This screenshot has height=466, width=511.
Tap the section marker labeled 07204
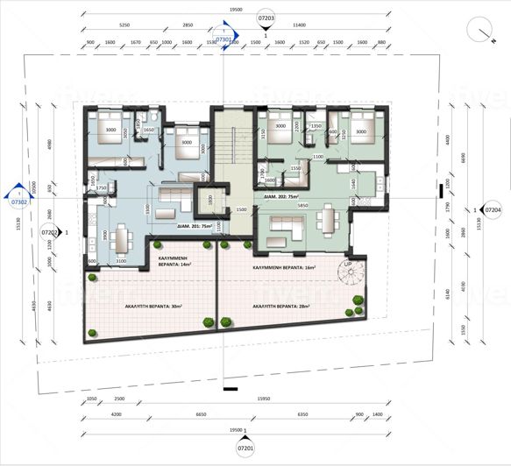coord(493,210)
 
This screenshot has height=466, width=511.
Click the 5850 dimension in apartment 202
coord(301,206)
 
